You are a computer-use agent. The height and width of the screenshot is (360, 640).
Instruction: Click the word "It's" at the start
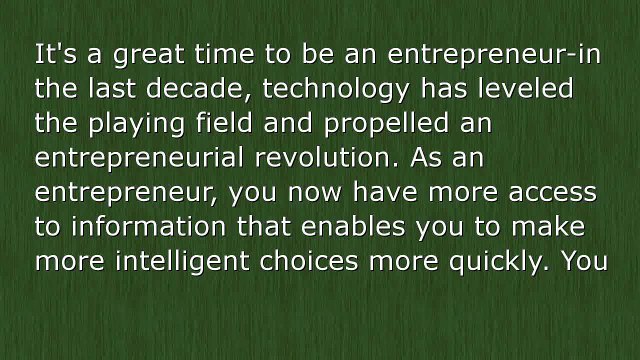(52, 53)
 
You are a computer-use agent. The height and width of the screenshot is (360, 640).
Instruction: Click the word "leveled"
(528, 89)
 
